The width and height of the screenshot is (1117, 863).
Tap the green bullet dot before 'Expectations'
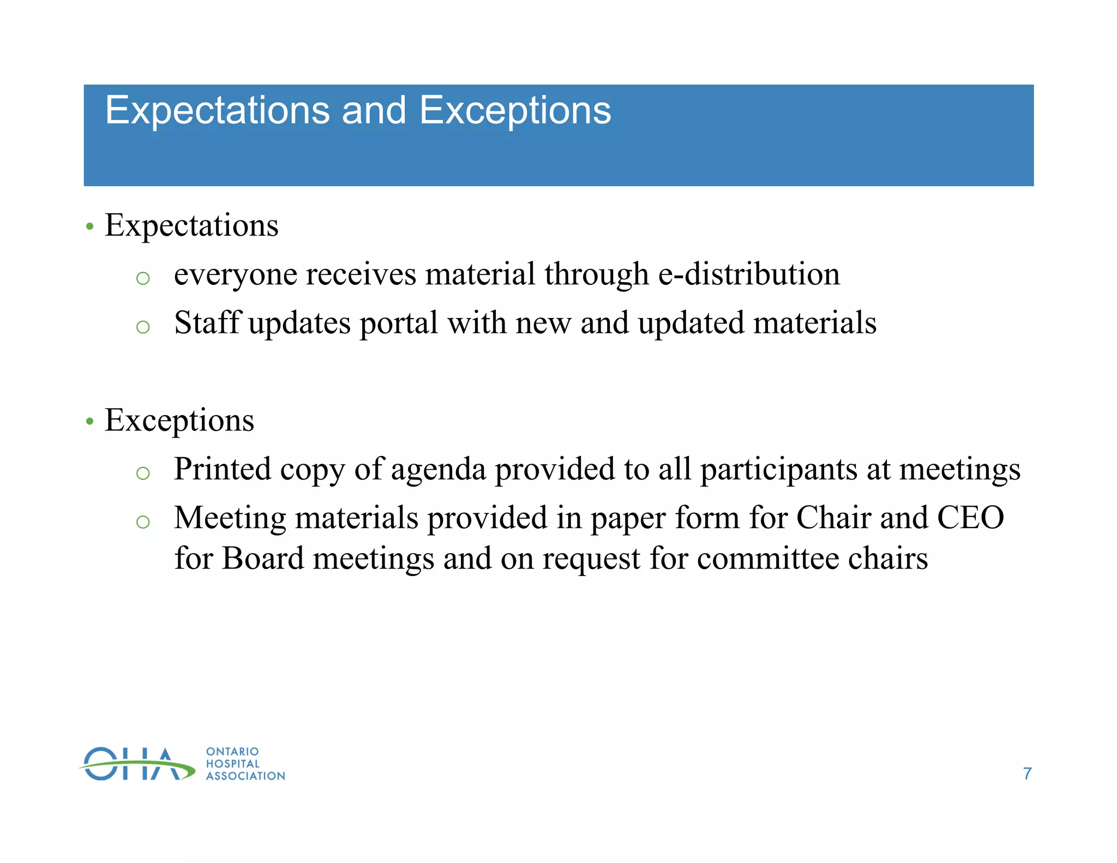(90, 226)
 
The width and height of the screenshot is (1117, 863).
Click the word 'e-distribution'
(749, 274)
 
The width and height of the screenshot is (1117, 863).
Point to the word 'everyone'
(236, 275)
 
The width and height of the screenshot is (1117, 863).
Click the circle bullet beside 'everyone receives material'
(143, 278)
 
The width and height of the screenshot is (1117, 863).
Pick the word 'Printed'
(222, 469)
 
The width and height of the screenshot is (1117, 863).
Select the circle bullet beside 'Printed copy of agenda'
(143, 473)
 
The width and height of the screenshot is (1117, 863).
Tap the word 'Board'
(263, 559)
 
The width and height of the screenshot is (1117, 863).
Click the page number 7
(1027, 774)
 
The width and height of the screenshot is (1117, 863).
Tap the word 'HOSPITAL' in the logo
(233, 764)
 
